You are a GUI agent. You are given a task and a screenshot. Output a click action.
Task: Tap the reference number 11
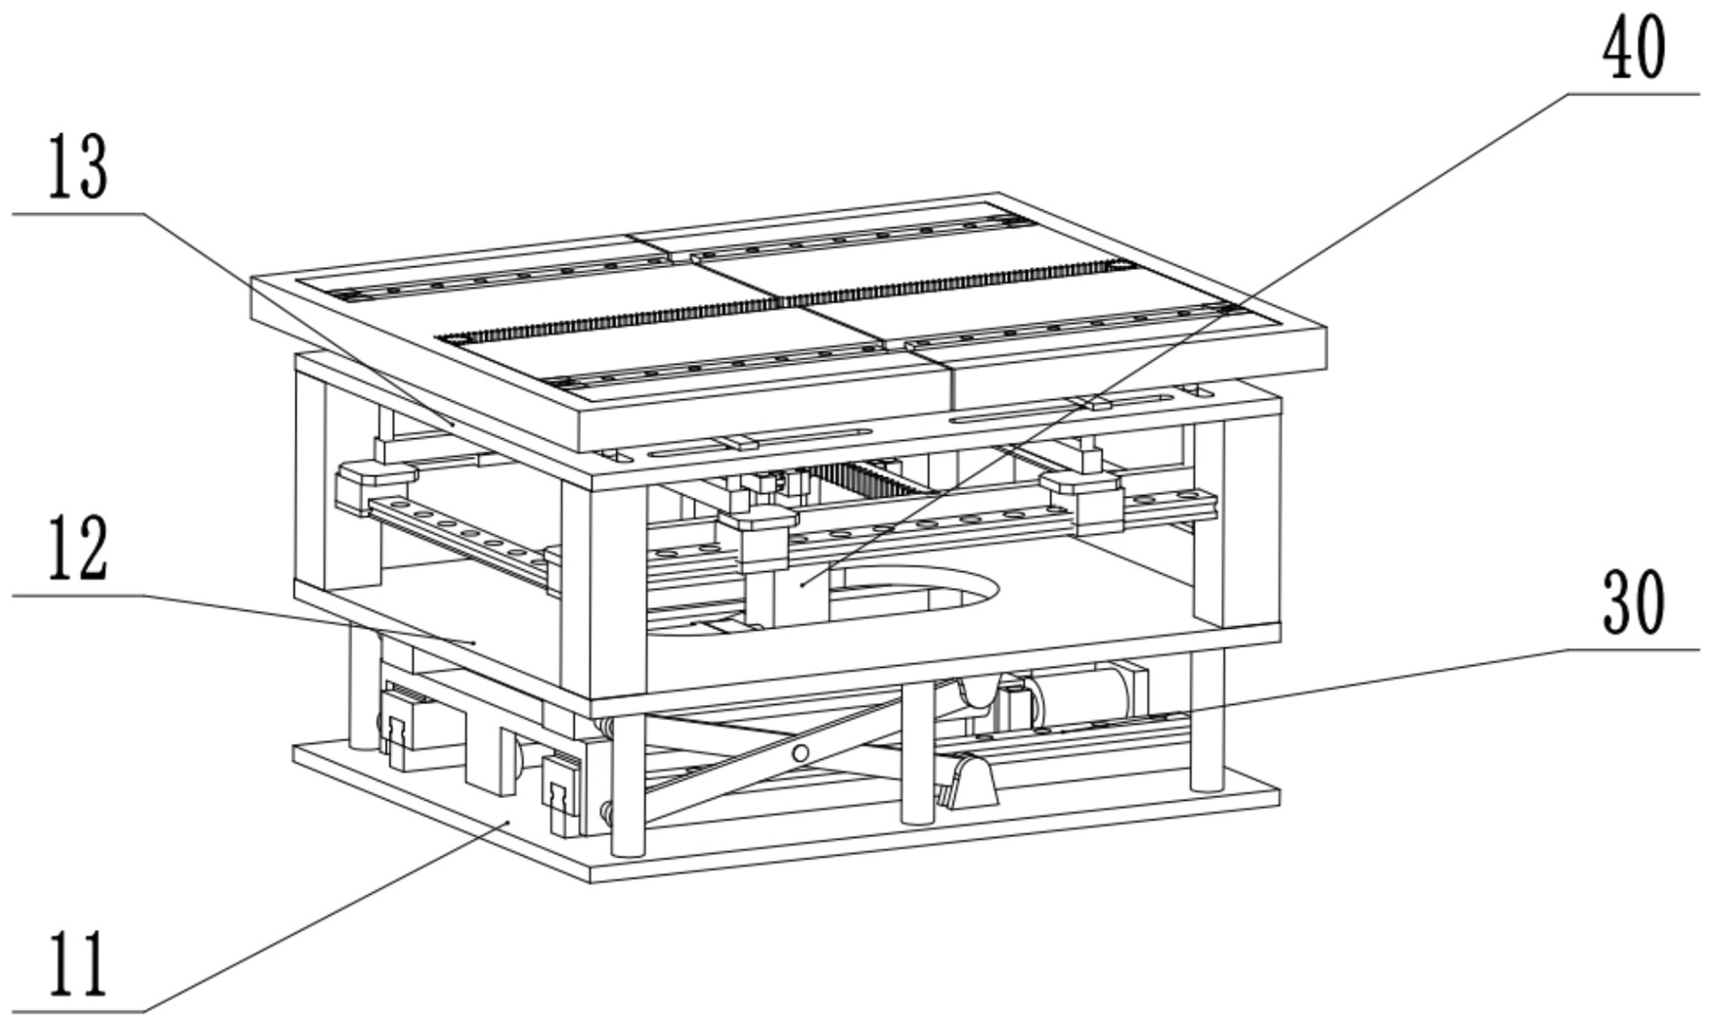point(78,964)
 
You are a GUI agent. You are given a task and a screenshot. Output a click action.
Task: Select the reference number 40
point(1634,51)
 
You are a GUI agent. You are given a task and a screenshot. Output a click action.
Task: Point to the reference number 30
point(1634,602)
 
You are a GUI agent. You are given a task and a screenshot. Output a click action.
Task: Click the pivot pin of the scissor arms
point(800,752)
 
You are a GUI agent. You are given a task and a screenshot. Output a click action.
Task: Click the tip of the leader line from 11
point(508,823)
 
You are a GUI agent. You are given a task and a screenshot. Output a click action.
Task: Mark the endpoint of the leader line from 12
point(474,643)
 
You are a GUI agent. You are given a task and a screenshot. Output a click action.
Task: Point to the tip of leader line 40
point(802,584)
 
